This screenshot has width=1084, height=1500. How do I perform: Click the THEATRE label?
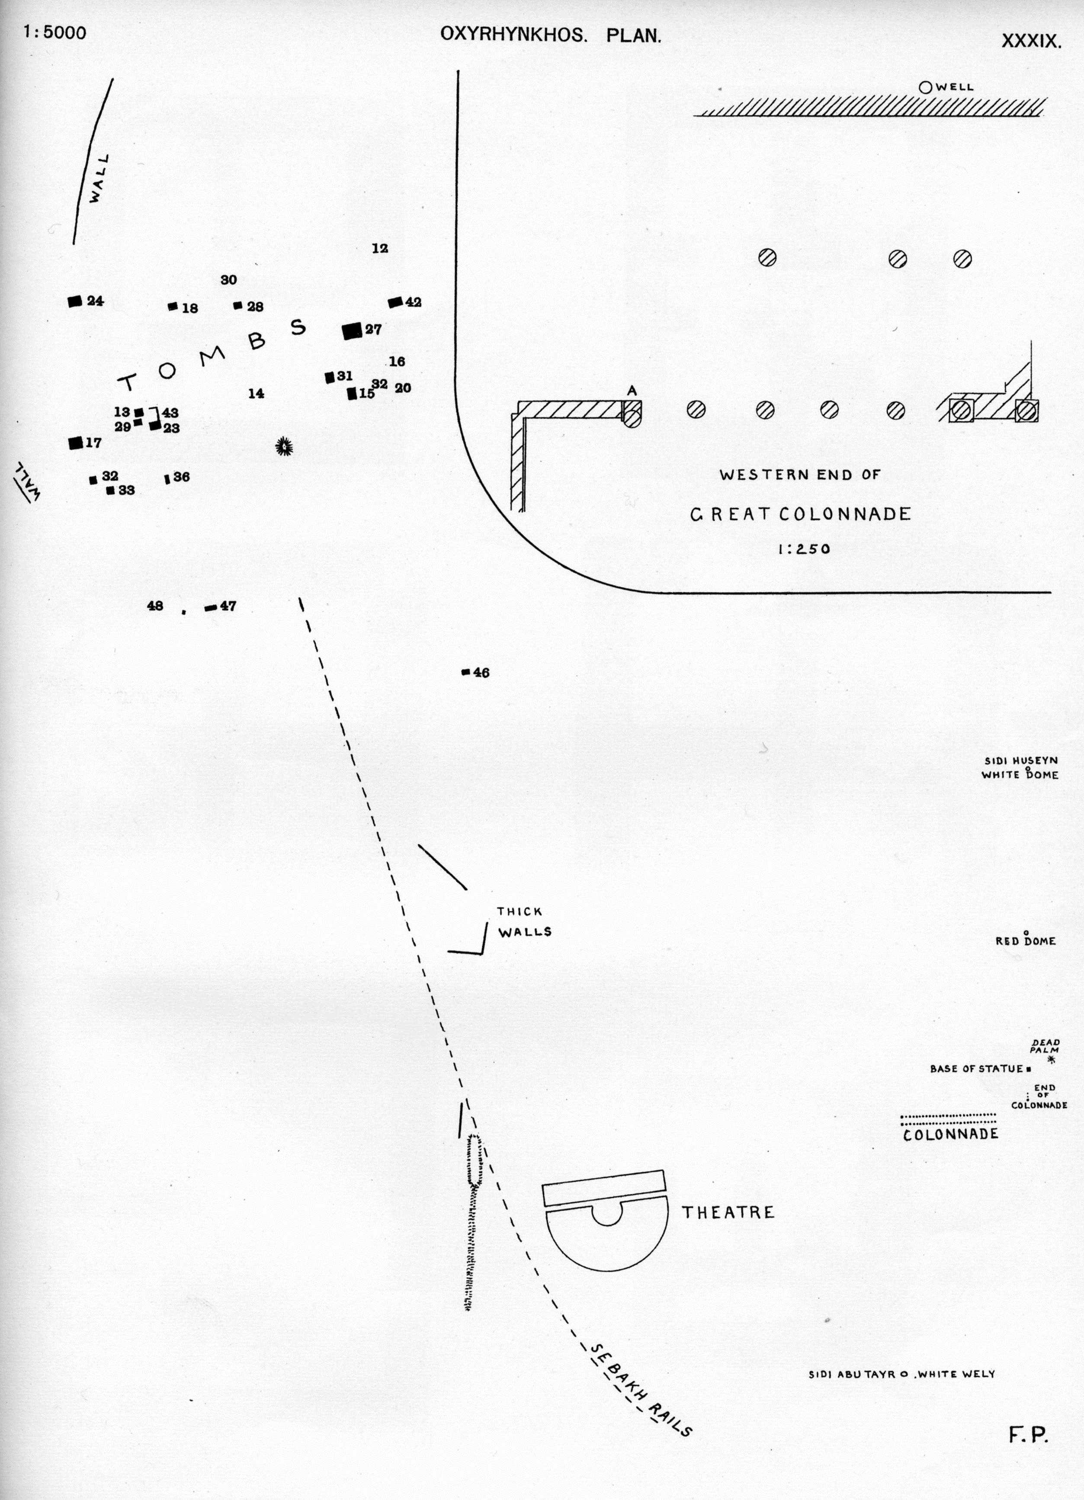[728, 1212]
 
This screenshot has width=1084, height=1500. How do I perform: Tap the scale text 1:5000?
[55, 32]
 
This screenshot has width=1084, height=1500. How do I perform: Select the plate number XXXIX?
[1031, 41]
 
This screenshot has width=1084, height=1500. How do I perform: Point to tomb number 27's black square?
[352, 331]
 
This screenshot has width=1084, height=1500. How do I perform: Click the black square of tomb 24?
[75, 301]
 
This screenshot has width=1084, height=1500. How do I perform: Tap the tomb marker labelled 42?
[395, 302]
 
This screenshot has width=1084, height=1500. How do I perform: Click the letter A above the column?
[632, 391]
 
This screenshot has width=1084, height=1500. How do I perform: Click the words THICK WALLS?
[524, 922]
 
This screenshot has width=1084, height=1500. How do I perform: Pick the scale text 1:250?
[804, 549]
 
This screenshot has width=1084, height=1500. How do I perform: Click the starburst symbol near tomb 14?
[284, 447]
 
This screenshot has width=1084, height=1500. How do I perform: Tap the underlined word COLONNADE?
[950, 1134]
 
